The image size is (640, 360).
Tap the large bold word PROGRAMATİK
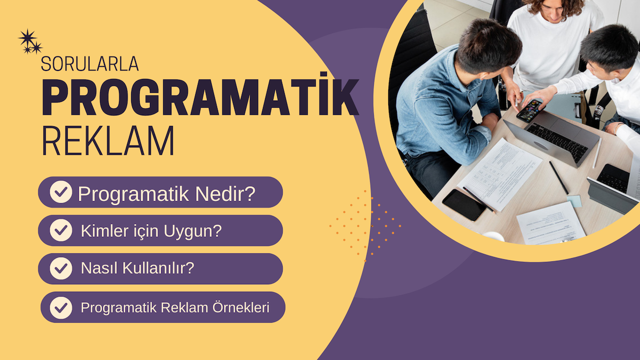coord(200,99)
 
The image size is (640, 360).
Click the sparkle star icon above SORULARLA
coord(29,42)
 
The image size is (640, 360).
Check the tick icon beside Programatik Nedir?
coord(61,192)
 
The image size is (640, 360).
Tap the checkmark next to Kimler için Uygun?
coord(61,230)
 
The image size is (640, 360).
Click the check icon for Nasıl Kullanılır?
coord(61,269)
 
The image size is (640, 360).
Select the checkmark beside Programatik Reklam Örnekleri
coord(61,307)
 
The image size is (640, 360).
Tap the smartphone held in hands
coord(529,110)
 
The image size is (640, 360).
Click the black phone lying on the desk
coord(464,204)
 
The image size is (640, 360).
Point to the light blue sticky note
coord(574,201)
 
